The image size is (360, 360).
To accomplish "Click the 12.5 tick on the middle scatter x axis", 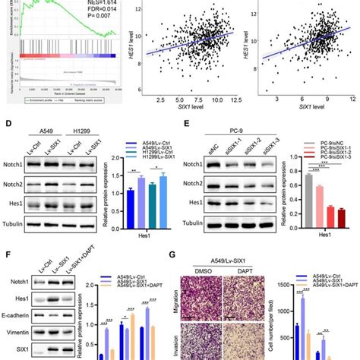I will coord(237,99).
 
